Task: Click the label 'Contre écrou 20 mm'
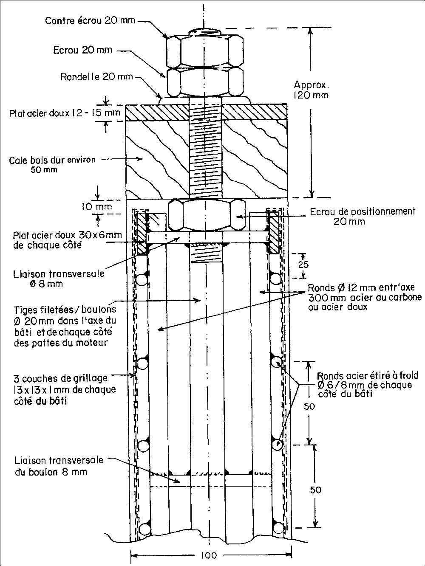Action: coord(91,20)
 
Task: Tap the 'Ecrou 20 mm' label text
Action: coord(82,50)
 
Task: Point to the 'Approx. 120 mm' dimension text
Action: coord(311,90)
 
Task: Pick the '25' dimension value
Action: coord(302,265)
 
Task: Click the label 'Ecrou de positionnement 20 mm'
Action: coord(362,216)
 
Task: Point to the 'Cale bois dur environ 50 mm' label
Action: coord(52,165)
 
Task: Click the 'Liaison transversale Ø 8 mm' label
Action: coord(58,279)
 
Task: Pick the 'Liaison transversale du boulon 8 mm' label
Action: coord(58,466)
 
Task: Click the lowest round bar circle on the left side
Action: coord(145,528)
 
